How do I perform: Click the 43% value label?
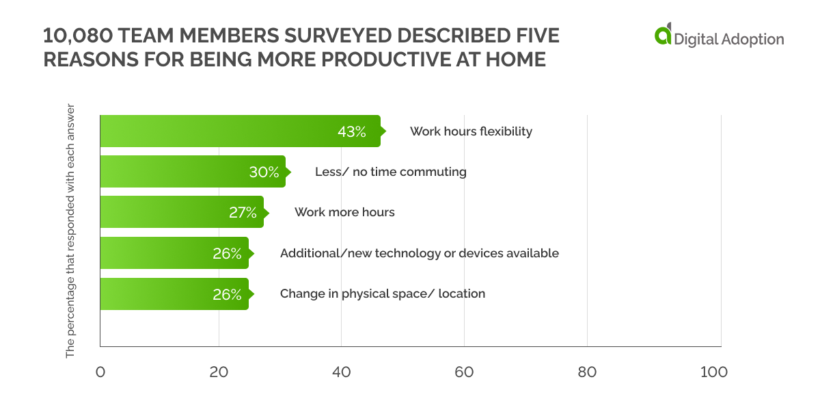point(352,131)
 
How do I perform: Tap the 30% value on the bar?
point(264,172)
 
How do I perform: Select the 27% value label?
point(243,213)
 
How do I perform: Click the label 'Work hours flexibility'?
point(471,131)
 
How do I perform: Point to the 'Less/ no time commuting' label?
point(390,172)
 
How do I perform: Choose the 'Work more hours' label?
point(344,212)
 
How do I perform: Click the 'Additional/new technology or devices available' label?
point(419,253)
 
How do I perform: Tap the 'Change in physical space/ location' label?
point(382,294)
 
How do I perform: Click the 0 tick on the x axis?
point(100,372)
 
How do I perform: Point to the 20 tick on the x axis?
point(219,372)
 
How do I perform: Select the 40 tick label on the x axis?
point(341,372)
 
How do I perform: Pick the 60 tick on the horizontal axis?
point(464,372)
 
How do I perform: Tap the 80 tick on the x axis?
point(587,372)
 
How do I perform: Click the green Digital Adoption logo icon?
point(663,35)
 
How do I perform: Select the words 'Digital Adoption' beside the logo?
point(729,39)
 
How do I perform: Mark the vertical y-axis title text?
point(70,231)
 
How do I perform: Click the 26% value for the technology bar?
point(227,253)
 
